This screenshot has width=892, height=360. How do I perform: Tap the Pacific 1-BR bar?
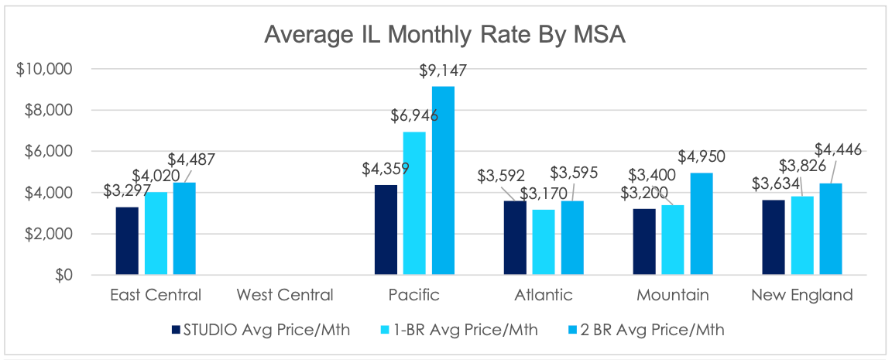point(415,203)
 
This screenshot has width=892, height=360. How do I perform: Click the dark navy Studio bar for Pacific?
point(386,229)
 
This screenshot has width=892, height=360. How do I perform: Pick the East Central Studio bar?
point(127,241)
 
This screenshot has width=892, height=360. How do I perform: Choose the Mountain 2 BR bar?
point(702,224)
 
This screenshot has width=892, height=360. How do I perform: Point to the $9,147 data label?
point(443,71)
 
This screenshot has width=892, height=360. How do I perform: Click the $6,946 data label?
point(414,116)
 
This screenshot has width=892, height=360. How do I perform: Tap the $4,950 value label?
point(707,157)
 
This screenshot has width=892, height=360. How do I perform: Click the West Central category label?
point(285,295)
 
